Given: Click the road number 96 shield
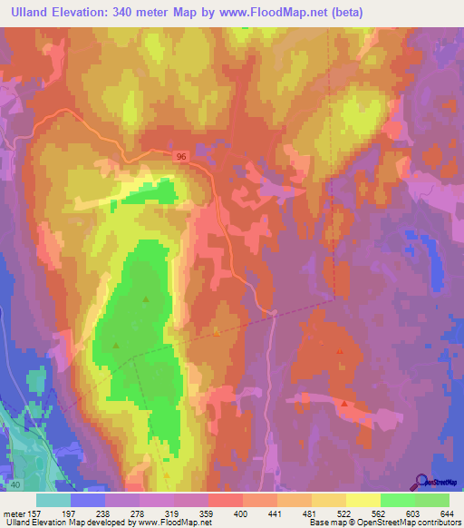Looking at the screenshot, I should click(184, 157).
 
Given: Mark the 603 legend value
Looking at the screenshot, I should click(404, 514).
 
